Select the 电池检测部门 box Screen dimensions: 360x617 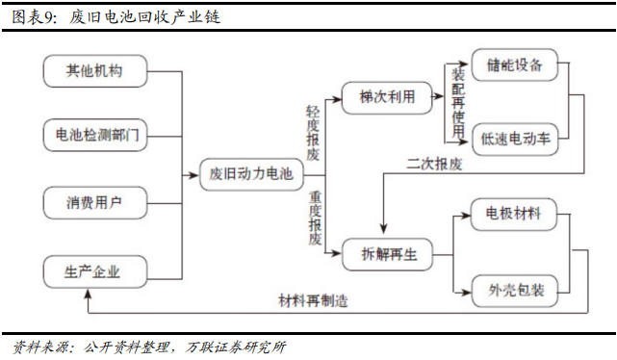(x=94, y=136)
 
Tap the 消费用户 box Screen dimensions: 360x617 (x=94, y=202)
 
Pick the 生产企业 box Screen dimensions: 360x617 (x=94, y=270)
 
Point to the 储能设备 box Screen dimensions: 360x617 (x=515, y=66)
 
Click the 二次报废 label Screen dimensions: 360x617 (x=436, y=164)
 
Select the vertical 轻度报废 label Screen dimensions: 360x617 (x=314, y=133)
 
